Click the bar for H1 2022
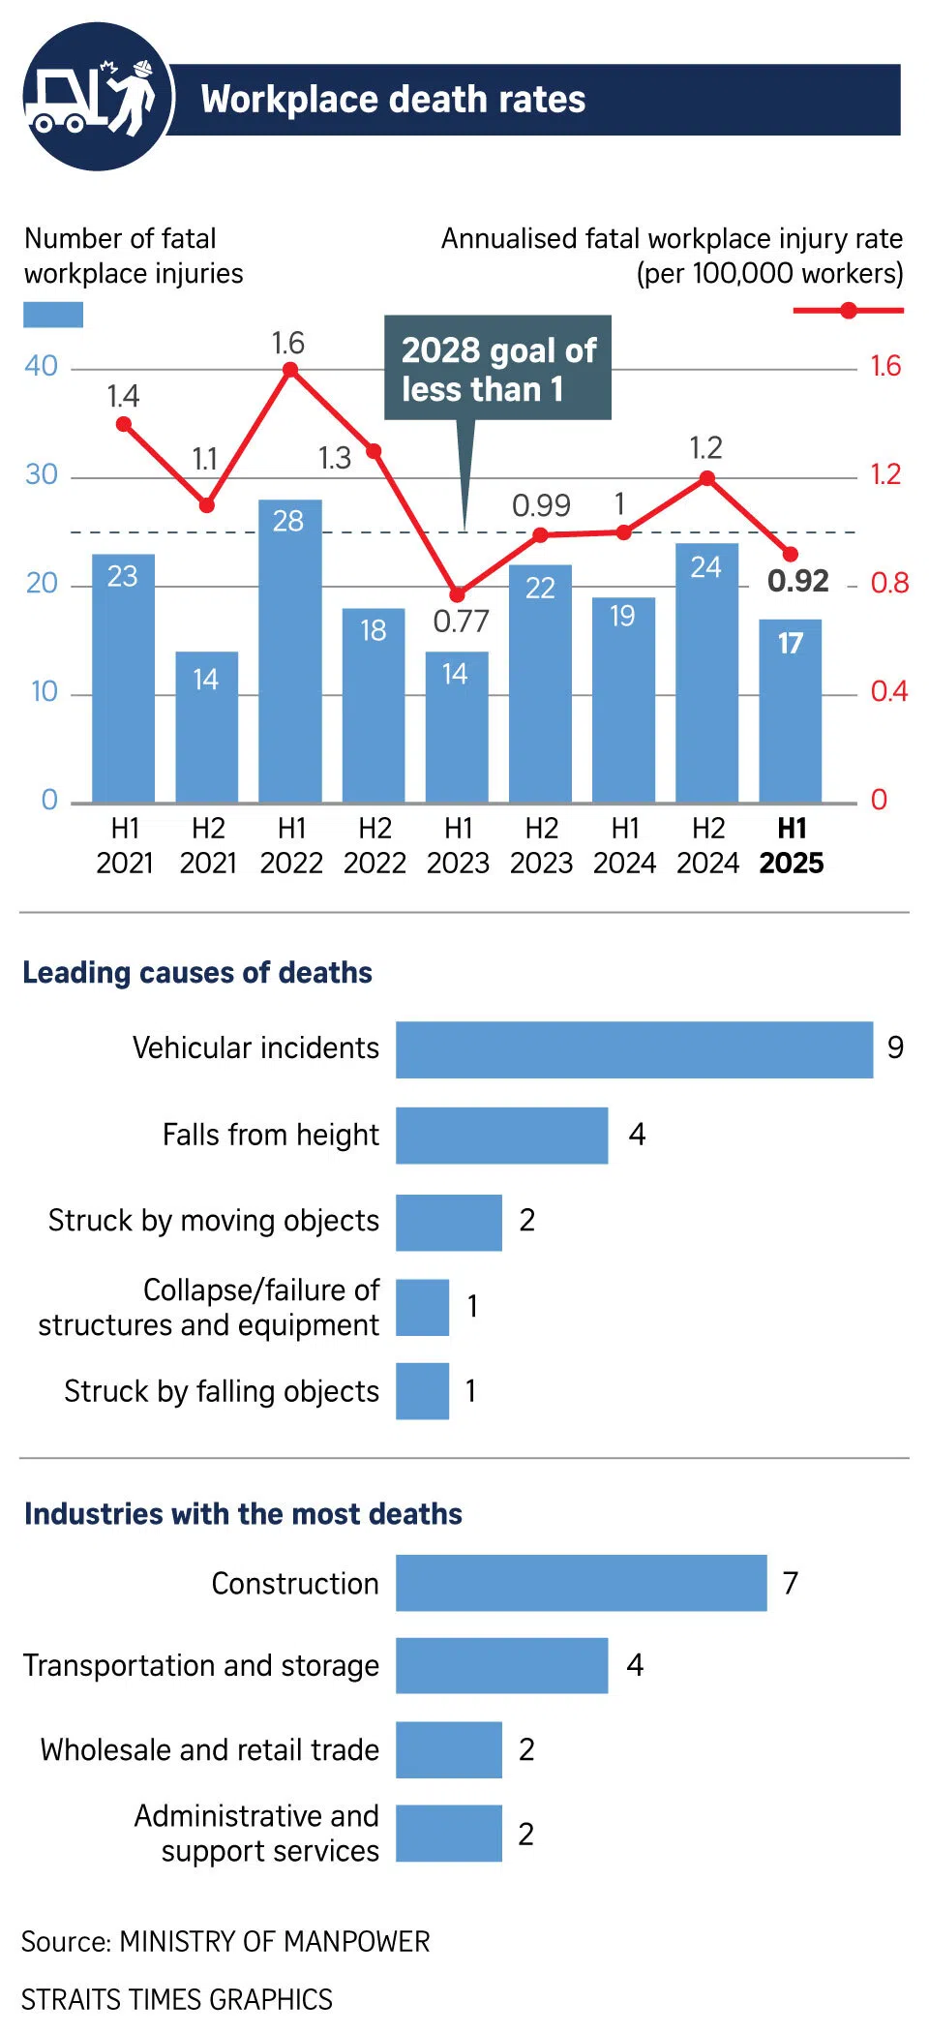tap(289, 651)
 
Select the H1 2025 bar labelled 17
tap(790, 711)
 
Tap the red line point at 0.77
tap(457, 594)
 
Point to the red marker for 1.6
tap(289, 369)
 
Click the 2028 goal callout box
tap(497, 368)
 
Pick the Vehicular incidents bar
tap(634, 1049)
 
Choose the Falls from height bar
tap(501, 1135)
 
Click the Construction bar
tap(581, 1583)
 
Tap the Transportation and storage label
tap(201, 1665)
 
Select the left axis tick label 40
tap(42, 366)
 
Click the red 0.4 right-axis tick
tap(888, 691)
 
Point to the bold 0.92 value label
tap(798, 581)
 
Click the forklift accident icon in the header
tap(97, 97)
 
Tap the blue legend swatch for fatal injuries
tap(53, 315)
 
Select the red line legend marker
tap(849, 311)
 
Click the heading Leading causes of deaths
tap(197, 972)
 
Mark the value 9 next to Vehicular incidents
tap(895, 1047)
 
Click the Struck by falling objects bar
tap(422, 1391)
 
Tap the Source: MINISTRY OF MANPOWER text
tap(225, 1941)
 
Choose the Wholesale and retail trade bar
tap(448, 1749)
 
